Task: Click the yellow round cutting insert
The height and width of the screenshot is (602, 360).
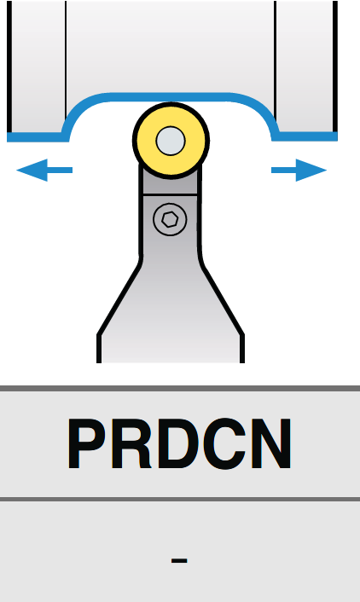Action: pos(171,140)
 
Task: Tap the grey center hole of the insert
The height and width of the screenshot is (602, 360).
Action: pos(171,141)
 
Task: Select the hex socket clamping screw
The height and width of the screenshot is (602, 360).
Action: pos(170,219)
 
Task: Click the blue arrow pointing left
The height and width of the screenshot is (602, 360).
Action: pos(44,170)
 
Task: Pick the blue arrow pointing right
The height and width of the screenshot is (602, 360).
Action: pos(299,170)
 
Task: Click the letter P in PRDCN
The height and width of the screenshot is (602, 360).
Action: pos(88,443)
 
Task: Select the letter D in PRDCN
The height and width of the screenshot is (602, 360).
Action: pos(178,443)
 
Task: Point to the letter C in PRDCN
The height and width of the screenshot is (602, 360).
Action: pos(224,443)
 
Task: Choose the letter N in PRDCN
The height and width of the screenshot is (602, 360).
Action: pos(271,443)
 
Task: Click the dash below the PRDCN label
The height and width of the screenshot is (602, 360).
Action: pos(179,561)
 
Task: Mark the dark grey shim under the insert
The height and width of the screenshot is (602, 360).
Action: pos(170,184)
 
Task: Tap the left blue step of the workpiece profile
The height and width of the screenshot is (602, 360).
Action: pos(38,136)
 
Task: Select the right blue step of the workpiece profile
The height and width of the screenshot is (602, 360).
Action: pos(305,136)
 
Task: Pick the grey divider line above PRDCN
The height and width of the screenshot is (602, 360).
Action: pos(180,388)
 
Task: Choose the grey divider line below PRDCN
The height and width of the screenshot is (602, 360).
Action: pos(180,499)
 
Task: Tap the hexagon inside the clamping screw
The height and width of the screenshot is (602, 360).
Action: pos(170,220)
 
